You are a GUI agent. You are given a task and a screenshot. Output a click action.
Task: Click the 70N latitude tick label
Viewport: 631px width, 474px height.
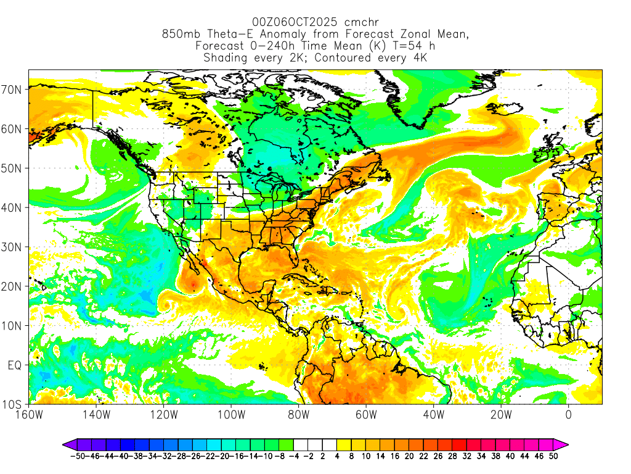click(12, 89)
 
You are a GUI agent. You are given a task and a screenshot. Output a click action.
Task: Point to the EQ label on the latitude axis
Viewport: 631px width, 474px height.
click(15, 365)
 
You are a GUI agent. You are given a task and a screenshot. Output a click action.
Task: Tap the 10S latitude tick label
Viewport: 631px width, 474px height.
click(12, 405)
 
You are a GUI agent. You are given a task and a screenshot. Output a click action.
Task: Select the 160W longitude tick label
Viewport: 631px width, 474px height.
click(28, 415)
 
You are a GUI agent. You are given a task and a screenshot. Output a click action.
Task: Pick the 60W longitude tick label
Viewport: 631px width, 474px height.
click(366, 415)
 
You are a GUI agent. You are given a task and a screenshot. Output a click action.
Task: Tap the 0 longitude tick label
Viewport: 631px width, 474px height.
click(568, 415)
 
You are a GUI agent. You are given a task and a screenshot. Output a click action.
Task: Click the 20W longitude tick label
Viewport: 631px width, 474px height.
click(501, 415)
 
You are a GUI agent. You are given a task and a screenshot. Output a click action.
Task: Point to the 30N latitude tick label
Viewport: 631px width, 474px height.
click(12, 247)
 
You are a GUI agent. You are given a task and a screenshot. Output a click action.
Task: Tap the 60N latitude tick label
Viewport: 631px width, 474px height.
click(12, 129)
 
